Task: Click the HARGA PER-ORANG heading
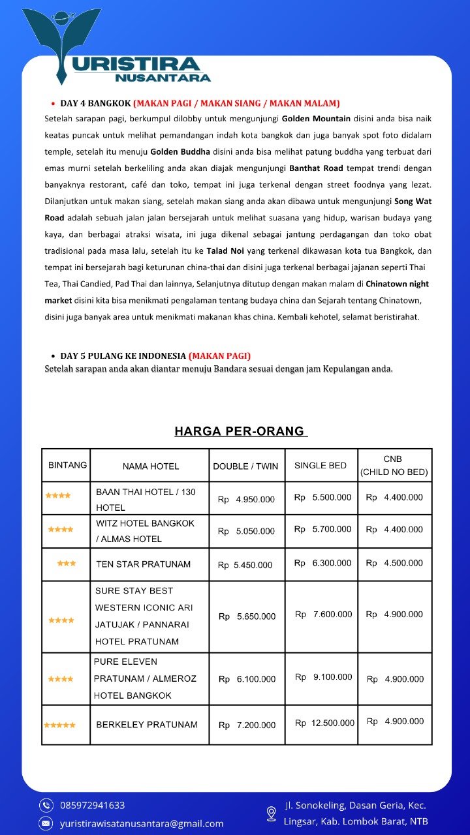point(240,431)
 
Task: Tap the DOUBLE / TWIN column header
point(245,466)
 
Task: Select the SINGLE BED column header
point(321,466)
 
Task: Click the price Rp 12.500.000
point(324,723)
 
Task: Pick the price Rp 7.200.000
point(247,725)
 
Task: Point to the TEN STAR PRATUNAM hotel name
point(143,564)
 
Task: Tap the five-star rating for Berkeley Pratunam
point(60,725)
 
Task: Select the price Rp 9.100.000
point(323,677)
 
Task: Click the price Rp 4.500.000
point(394,563)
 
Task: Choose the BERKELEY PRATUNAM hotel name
point(146,725)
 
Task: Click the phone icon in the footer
point(46,805)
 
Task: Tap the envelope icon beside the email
point(46,823)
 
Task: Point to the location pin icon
point(271,813)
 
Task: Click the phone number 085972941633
point(93,806)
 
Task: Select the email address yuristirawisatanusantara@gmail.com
point(142,824)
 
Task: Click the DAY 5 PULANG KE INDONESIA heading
point(123,356)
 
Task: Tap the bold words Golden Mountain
point(316,119)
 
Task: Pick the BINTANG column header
point(67,466)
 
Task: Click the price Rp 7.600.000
point(323,615)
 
